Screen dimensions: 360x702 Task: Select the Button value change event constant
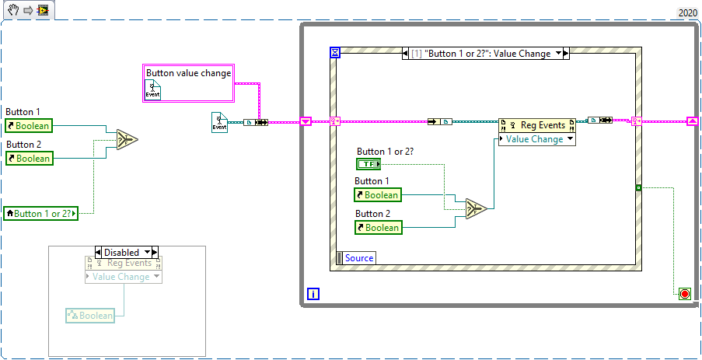(189, 82)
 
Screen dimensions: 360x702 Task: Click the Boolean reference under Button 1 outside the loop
(28, 126)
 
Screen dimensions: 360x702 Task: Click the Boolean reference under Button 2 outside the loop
(28, 159)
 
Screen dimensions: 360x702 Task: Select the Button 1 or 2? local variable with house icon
(41, 213)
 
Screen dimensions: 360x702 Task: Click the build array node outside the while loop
(127, 139)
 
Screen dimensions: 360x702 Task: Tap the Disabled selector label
(127, 252)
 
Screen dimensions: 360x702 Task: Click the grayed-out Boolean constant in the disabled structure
(90, 315)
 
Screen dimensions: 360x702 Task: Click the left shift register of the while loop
(306, 121)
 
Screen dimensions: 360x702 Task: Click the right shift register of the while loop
(691, 121)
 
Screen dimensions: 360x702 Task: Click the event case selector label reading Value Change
(486, 54)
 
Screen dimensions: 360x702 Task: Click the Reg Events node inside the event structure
(537, 125)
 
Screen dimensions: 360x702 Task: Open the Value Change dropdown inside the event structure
(537, 139)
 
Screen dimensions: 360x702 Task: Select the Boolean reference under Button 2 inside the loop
(377, 228)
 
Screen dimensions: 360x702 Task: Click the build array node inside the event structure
(476, 208)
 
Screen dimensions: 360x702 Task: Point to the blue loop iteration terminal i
(313, 294)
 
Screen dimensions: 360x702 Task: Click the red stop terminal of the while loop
(684, 293)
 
